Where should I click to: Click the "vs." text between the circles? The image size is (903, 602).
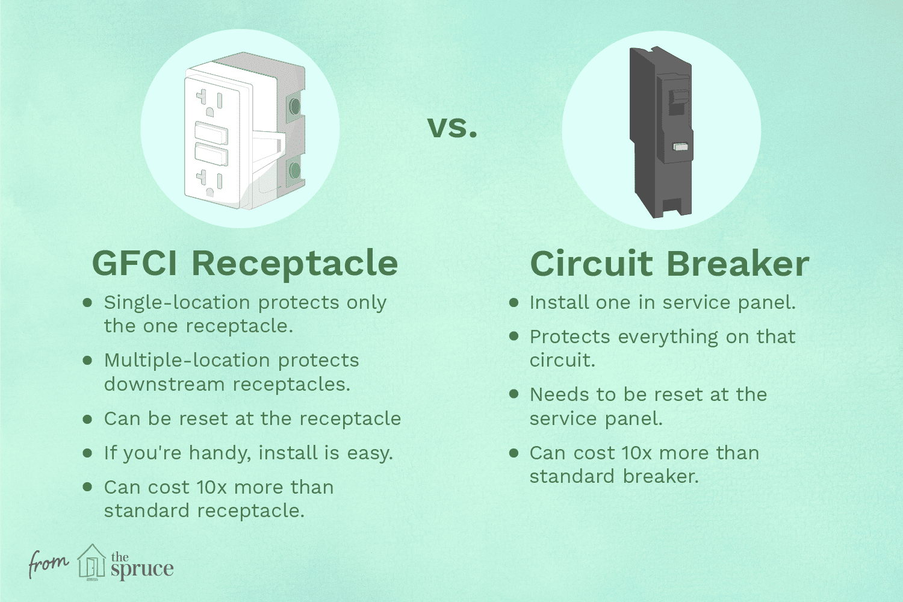coord(452,128)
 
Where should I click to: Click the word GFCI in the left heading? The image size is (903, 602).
coord(134,264)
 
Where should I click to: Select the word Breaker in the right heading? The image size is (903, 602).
coord(737,264)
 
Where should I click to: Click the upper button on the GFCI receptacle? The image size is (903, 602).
coord(211,132)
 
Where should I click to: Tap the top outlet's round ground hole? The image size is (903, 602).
coord(209,111)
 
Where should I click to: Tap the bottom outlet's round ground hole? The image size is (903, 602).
coord(209,191)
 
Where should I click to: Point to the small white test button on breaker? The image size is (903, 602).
coord(681,147)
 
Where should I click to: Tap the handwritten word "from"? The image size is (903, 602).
coord(48,563)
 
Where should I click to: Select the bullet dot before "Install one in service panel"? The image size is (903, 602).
coord(514,303)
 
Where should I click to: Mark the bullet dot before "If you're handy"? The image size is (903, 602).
coord(87,453)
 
